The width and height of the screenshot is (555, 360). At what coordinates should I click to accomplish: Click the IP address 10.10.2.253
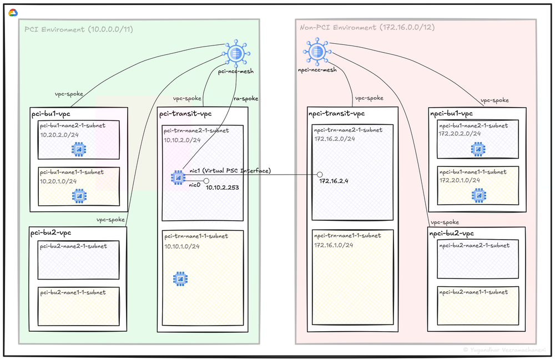pos(222,188)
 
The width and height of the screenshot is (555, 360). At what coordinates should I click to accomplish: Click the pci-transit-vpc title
pos(185,114)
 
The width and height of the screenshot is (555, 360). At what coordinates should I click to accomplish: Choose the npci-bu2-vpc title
pos(452,234)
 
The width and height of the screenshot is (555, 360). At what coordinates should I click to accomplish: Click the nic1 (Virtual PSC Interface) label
pos(229,170)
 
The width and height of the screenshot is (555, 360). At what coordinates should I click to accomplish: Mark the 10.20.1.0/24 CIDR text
pos(58,181)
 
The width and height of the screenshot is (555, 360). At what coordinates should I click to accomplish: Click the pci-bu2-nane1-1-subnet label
pos(73,292)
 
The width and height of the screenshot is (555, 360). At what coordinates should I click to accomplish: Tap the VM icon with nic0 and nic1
pos(178,178)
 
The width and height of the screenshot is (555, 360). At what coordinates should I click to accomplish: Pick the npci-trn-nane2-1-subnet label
pos(348,130)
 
